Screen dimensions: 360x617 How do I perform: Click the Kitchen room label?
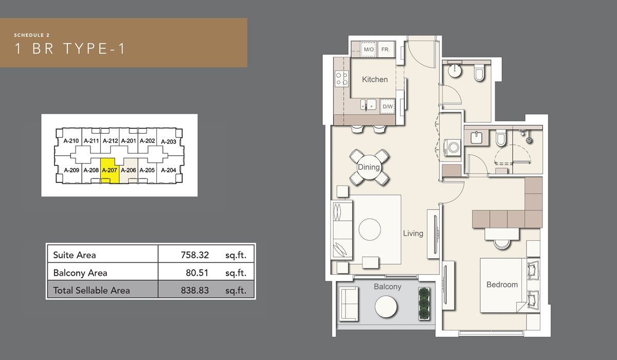coord(375,79)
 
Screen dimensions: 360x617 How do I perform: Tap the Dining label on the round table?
coord(369,167)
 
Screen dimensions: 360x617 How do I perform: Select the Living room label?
coord(413,233)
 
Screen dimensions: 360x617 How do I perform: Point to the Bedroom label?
coord(502,284)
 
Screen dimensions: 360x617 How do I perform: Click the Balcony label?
coord(387,286)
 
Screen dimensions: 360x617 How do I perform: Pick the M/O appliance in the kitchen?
coord(369,49)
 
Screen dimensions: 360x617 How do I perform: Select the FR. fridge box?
coord(386,49)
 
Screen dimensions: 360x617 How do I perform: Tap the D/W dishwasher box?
coord(388,106)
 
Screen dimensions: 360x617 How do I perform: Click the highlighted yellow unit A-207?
coord(110,171)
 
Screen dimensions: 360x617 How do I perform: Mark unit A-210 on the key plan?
coord(71,141)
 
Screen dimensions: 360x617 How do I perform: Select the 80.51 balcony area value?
coord(198,273)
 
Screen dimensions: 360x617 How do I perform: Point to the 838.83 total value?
coord(196,291)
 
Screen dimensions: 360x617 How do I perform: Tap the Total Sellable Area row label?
coord(92,291)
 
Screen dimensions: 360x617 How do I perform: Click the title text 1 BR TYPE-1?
coord(70,49)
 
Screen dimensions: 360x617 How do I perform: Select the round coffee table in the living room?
coord(370,229)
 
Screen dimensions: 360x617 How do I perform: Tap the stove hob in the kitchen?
coord(341,79)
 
